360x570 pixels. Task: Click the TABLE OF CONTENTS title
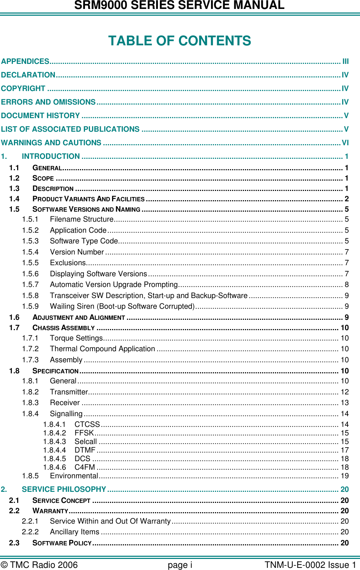180,41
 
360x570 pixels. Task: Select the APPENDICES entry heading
25,61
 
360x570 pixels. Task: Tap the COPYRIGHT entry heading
23,89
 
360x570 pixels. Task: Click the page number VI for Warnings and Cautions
345,143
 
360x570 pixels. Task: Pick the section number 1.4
14,199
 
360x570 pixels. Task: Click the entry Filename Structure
81,219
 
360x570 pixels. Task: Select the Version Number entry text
77,252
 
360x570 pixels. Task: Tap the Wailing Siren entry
122,306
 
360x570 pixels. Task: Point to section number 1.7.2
30,349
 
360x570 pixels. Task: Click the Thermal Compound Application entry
102,349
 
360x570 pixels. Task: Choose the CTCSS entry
87,424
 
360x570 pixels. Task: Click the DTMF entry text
85,450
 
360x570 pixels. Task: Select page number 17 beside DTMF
345,450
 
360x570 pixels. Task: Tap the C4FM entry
85,467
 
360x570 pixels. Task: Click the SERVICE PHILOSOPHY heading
64,489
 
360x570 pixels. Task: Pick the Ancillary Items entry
75,532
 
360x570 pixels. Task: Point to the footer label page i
180,565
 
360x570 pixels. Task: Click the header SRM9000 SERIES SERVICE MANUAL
180,5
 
